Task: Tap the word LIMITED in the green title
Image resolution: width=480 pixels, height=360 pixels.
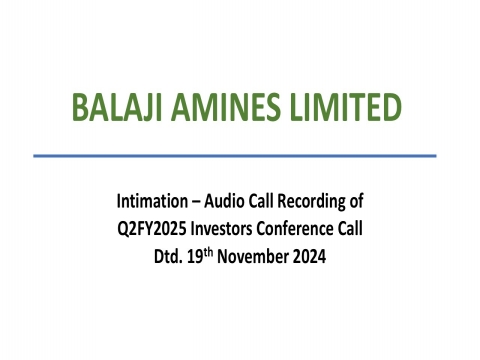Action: pyautogui.click(x=343, y=107)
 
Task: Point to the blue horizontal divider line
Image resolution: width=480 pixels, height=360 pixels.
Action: pyautogui.click(x=235, y=155)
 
